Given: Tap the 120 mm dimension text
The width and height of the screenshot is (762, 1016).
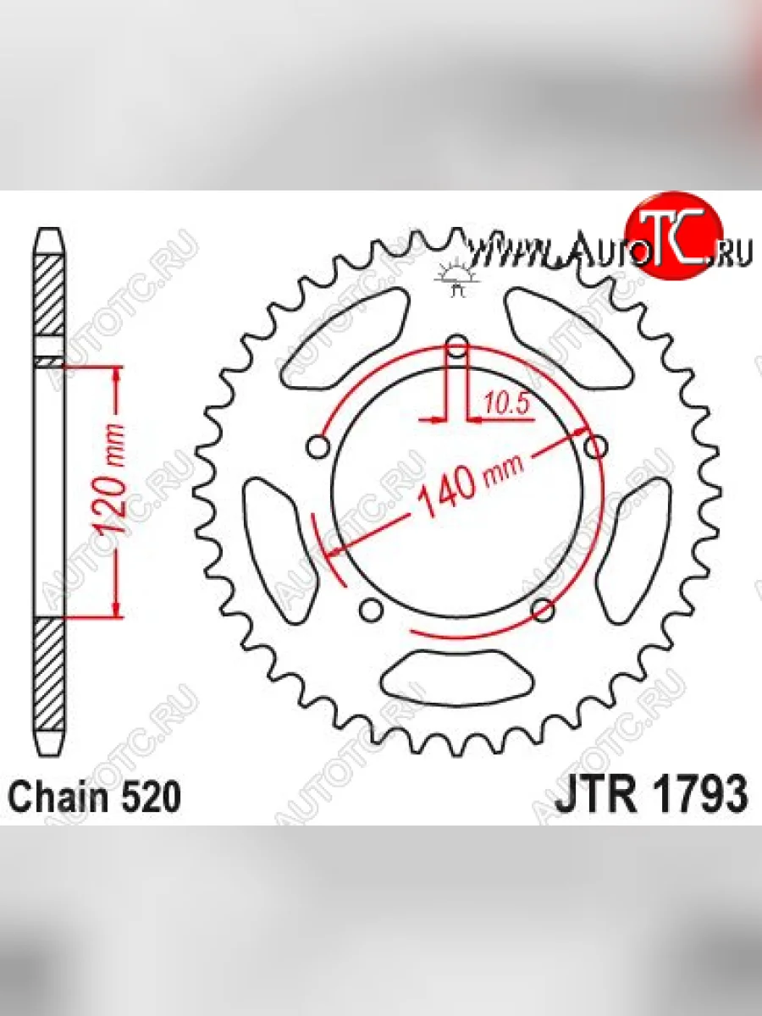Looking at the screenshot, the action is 111,479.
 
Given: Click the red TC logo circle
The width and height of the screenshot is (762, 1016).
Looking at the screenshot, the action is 673,242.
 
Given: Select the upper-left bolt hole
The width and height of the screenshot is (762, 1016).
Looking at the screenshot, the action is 318,448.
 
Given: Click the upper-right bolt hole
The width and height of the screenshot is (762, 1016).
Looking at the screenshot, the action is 595,447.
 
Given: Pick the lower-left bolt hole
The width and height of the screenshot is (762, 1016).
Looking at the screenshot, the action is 371,610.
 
